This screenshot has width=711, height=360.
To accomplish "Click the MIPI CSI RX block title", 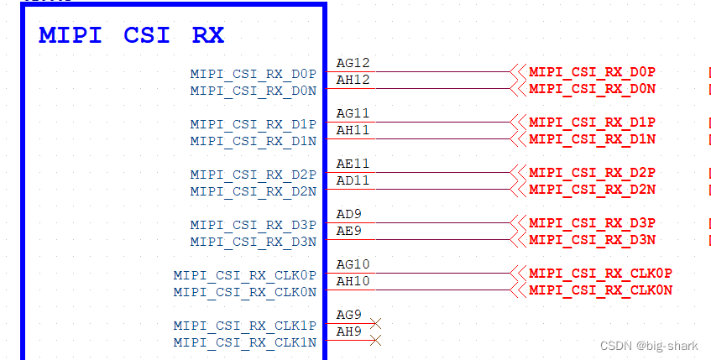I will coord(131,36).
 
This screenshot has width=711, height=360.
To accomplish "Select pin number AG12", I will coord(353,63).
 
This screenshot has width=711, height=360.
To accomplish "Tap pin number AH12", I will coord(353,80).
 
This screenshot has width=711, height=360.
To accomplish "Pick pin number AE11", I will coord(353,164).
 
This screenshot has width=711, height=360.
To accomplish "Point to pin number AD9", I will coord(348,214).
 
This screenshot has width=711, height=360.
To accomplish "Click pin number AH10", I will coord(353,281).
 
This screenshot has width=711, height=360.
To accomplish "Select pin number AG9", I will coord(348,315).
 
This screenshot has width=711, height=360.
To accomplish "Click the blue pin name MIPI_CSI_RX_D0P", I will coord(253,74).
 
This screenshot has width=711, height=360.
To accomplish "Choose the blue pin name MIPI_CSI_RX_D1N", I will coord(253,141).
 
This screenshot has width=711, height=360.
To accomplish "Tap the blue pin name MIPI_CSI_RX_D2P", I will coord(253,175).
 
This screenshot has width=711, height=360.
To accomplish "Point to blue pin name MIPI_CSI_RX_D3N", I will coord(253,242).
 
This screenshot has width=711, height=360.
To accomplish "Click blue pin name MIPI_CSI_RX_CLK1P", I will coord(245,326).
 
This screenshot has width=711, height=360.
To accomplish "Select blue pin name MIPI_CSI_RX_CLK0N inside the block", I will coord(245,292).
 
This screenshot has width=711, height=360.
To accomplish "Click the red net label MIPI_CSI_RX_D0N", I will coord(592,89).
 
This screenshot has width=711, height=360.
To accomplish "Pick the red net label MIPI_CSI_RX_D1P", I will coord(592,123).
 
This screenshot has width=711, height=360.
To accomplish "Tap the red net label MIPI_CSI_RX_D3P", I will coord(592,223).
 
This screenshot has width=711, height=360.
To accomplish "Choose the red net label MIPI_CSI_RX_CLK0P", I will coord(600,274).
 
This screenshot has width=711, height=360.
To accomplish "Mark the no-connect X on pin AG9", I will coord(376,323).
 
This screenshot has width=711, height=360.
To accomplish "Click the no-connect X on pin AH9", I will coord(376,340).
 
